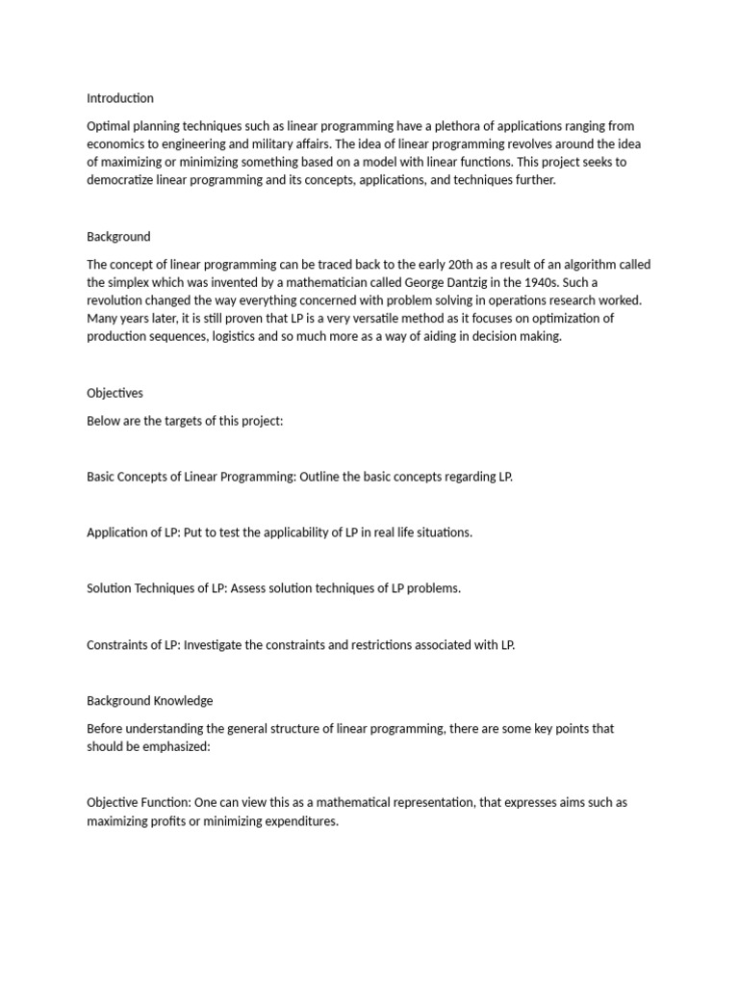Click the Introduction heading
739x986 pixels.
pyautogui.click(x=120, y=98)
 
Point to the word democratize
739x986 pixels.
pyautogui.click(x=123, y=180)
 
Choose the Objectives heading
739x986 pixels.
pyautogui.click(x=115, y=393)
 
